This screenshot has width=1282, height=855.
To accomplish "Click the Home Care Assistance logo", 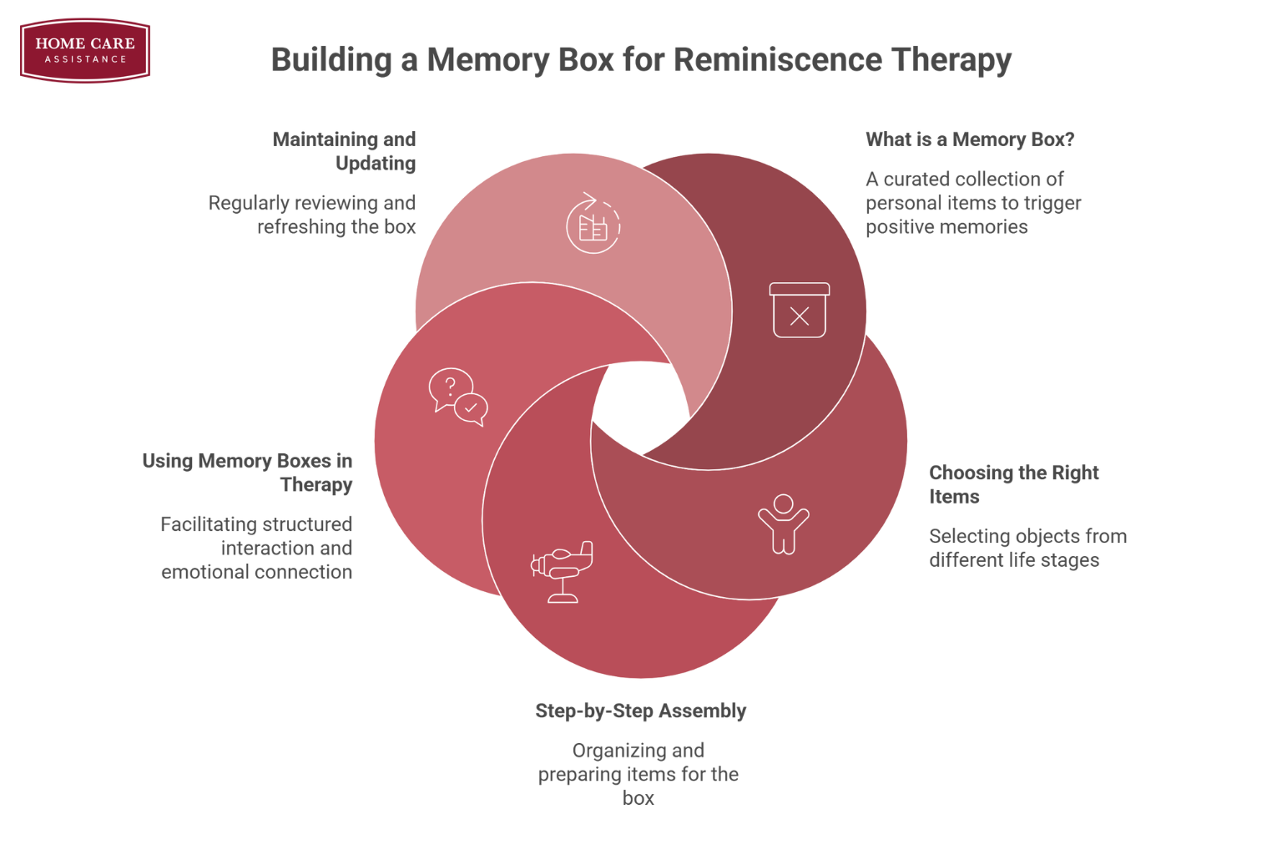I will tap(85, 51).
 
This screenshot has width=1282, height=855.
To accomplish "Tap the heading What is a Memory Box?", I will tap(969, 139).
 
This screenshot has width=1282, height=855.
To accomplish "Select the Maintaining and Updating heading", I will tap(344, 151).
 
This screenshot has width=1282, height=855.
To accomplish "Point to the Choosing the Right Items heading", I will tap(1013, 484).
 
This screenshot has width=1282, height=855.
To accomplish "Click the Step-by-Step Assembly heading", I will tap(640, 711).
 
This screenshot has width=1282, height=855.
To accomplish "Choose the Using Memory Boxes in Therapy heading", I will tap(247, 473).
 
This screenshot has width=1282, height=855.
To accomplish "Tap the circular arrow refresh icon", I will tap(593, 224).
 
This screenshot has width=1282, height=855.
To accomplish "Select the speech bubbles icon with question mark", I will tap(457, 397).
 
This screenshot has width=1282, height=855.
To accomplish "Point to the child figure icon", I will tap(783, 524).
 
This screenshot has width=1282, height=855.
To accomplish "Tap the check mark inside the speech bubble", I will tap(471, 407).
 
